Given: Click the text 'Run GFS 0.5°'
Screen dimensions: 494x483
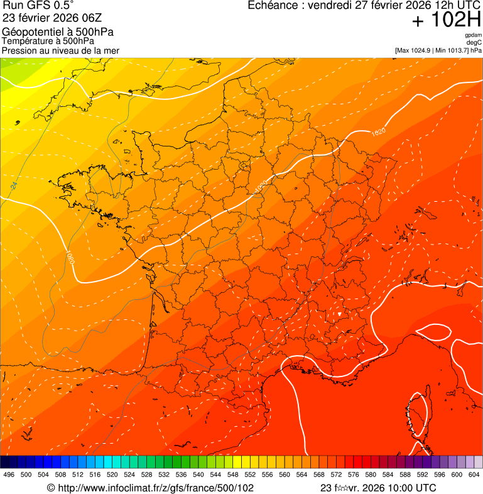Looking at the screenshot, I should click(x=38, y=6).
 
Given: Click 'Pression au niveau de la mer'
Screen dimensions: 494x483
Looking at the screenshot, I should click(x=60, y=50).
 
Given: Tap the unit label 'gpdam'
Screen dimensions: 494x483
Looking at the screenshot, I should click(x=474, y=35).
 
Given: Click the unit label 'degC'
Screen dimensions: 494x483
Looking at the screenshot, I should click(x=474, y=42).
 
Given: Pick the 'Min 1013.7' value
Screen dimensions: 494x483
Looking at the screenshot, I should click(x=450, y=50).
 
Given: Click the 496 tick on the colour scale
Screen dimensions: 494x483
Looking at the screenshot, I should click(x=9, y=475).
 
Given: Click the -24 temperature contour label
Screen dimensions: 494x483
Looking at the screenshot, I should click(x=14, y=186).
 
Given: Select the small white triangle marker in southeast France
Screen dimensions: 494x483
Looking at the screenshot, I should click(x=339, y=312).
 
